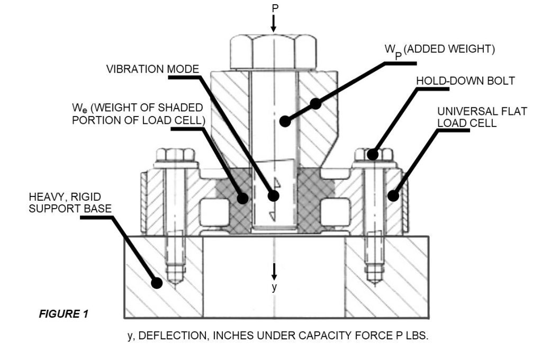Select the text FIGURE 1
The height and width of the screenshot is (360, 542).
pos(64,314)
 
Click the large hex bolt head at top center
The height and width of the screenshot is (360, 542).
pos(273,51)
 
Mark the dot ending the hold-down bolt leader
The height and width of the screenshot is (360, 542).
pos(373,154)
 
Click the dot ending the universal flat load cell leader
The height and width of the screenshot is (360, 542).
pos(393,195)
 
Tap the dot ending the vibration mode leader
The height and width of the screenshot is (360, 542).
pos(273,195)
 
